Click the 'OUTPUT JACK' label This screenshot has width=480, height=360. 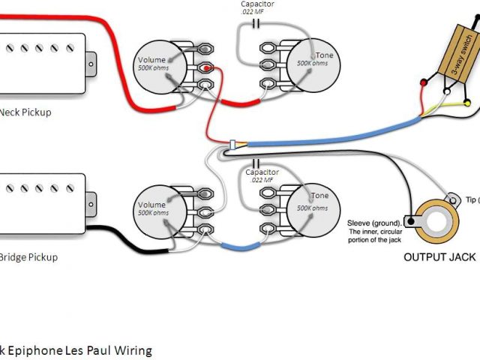coord(439,257)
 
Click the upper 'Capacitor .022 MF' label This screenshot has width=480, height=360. coord(257,7)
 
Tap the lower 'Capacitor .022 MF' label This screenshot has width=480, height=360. coord(262,176)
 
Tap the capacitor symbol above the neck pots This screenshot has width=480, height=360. coord(259,22)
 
